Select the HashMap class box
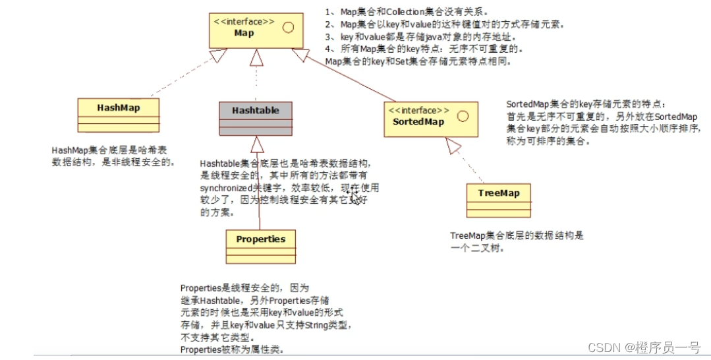click(119, 116)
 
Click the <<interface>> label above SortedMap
click(420, 110)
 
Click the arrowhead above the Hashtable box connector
click(256, 58)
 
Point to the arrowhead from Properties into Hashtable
click(257, 144)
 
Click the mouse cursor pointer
click(355, 197)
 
